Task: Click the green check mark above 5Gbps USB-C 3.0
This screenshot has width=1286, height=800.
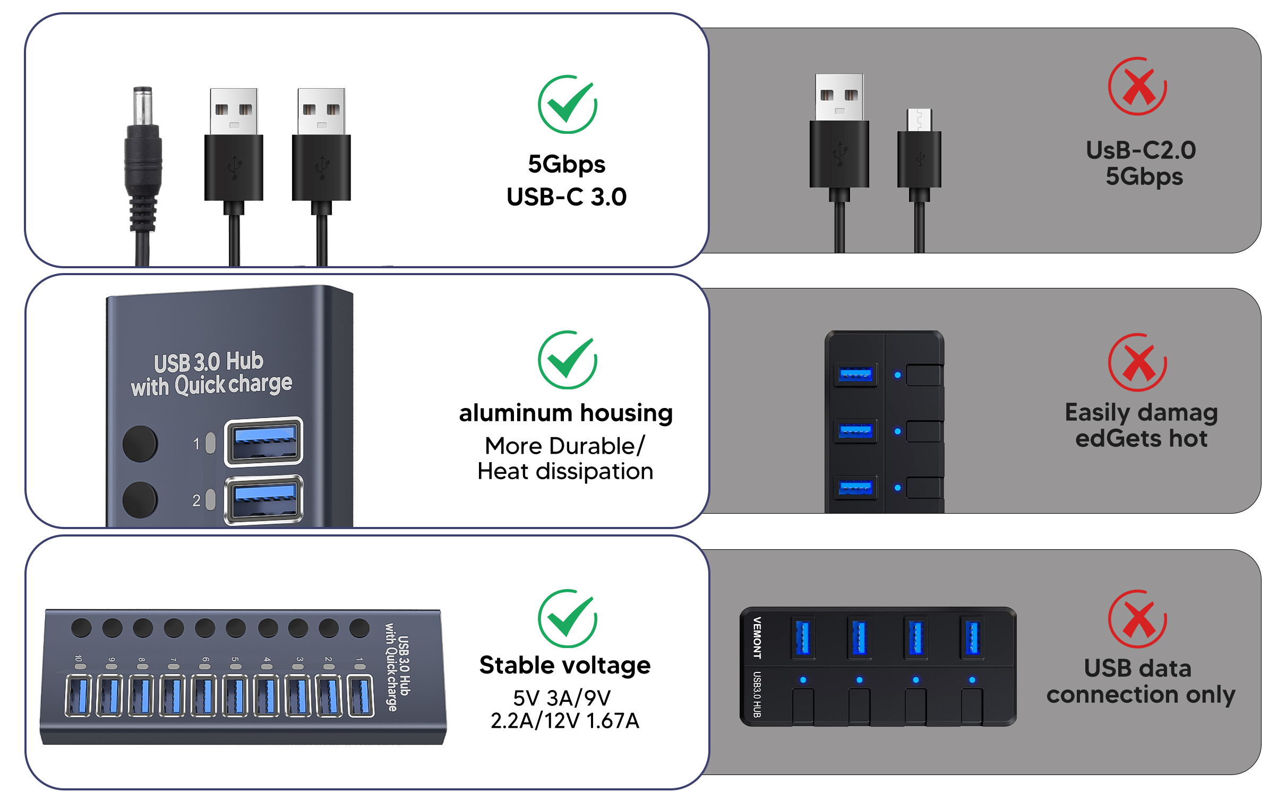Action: point(567,104)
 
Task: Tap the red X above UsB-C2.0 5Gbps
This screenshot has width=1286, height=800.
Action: point(1137,87)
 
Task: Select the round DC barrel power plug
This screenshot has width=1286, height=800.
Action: point(143,159)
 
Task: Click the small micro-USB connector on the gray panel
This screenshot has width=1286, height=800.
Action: point(919,149)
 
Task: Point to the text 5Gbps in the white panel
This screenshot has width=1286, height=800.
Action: point(566,164)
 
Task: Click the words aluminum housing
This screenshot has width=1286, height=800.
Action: point(565,413)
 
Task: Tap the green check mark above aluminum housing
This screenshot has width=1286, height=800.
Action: point(567,360)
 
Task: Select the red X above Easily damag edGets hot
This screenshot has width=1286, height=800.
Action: point(1137,363)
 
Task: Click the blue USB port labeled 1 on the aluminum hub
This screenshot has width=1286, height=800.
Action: point(264,441)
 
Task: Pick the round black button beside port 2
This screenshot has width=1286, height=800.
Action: point(140,500)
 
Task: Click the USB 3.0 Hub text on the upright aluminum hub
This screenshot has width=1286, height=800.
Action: point(209,362)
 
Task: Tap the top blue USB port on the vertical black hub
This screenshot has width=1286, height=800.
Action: point(855,375)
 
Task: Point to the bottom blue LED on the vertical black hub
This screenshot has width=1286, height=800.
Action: point(897,488)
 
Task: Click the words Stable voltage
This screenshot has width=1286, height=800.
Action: point(564,665)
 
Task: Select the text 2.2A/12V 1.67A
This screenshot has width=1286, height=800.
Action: point(564,721)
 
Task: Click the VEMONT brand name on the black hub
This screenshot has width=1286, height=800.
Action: point(757,638)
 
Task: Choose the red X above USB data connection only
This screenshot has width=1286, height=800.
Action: point(1137,619)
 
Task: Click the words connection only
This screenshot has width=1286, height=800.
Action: point(1141,694)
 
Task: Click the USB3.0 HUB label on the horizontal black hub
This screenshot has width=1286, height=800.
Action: point(757,694)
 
